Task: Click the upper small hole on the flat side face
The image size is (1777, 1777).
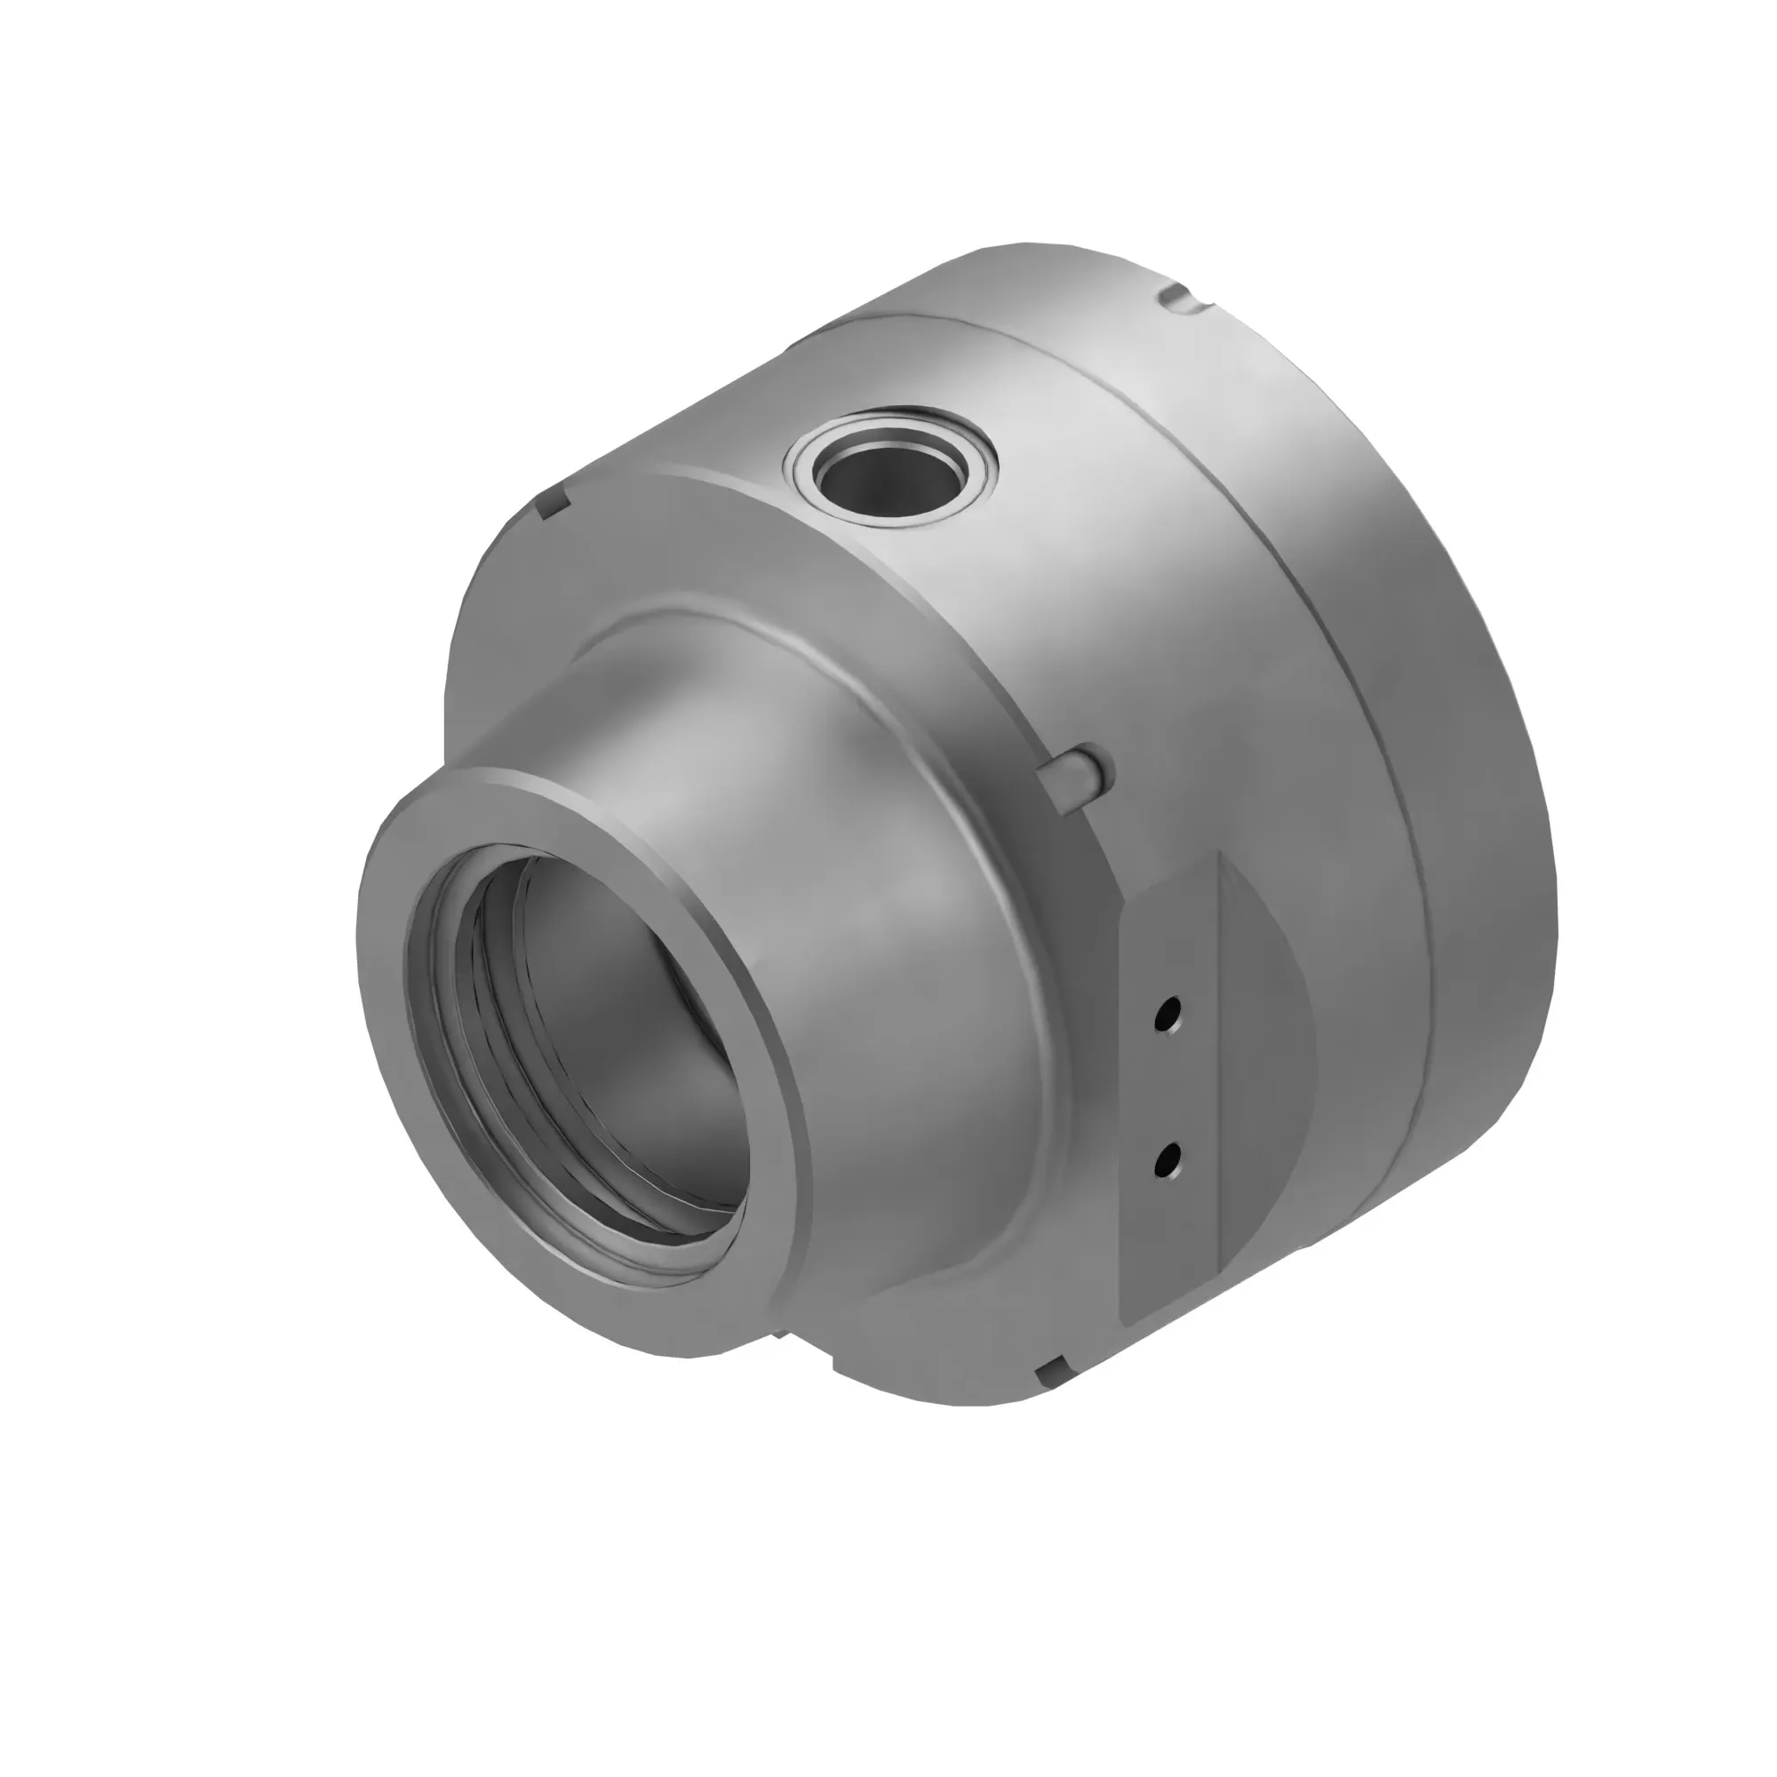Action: pos(1168,1015)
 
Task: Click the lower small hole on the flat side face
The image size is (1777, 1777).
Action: pos(1169,1161)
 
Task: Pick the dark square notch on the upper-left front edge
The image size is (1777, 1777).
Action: pos(551,504)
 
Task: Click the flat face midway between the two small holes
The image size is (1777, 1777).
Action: pos(1168,1088)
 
